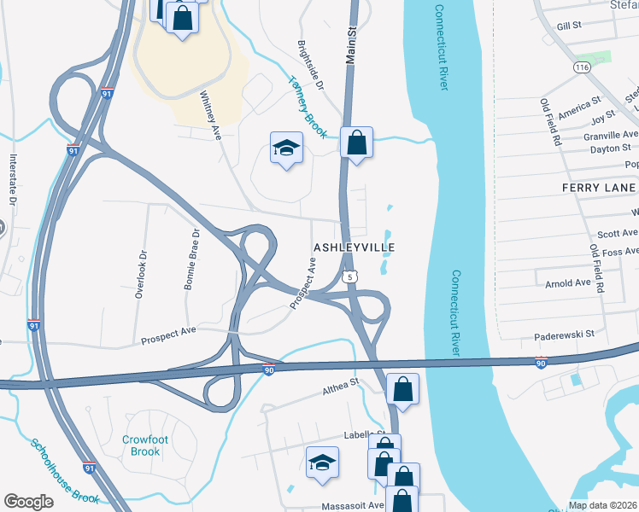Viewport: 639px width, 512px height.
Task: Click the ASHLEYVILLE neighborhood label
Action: (354, 247)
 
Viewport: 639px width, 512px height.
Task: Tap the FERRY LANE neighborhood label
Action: (599, 188)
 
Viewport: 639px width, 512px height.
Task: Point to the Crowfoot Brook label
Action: (141, 445)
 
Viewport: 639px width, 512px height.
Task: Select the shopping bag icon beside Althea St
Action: (402, 389)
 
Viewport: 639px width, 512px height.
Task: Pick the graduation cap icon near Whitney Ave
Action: (287, 148)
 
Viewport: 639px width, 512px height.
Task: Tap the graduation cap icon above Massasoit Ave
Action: (322, 463)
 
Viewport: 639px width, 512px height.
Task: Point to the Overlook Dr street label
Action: (141, 273)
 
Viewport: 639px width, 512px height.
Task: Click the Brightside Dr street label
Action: (311, 65)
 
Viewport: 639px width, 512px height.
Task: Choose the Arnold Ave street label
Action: (567, 282)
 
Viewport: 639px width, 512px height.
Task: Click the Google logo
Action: (28, 502)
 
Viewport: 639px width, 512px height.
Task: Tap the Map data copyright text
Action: (602, 505)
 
